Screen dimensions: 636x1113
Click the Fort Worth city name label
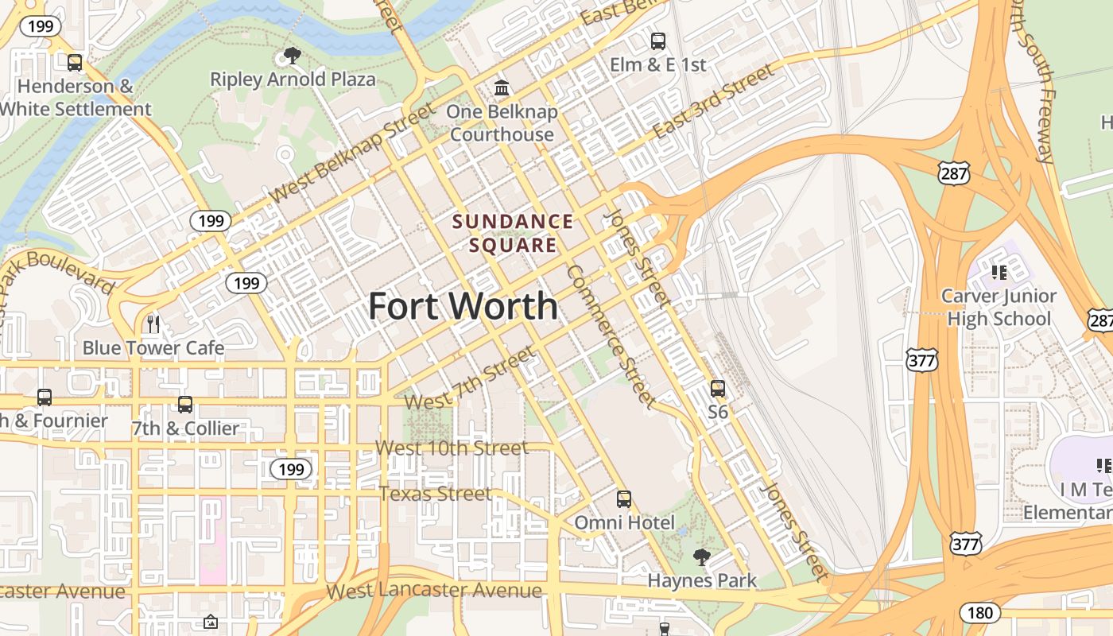pos(463,306)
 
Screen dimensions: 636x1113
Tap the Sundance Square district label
pos(513,233)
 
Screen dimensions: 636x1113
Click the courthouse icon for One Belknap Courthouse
pos(502,87)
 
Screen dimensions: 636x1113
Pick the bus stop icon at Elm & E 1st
pos(657,41)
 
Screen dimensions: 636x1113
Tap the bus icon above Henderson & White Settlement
pos(75,62)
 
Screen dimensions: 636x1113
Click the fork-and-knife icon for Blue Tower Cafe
pos(153,324)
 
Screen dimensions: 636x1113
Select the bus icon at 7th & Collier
pos(185,405)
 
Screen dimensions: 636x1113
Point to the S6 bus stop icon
pos(718,389)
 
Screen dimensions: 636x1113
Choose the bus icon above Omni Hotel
pos(624,499)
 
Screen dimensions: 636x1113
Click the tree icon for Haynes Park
pos(701,556)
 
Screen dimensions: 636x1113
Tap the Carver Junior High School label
pos(999,308)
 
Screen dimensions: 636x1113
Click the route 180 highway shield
pos(979,613)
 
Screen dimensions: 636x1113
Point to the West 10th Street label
pos(452,448)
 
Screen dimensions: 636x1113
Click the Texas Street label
pos(436,494)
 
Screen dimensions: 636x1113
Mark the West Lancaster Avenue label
pos(434,591)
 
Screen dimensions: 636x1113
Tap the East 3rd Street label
pos(712,102)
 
